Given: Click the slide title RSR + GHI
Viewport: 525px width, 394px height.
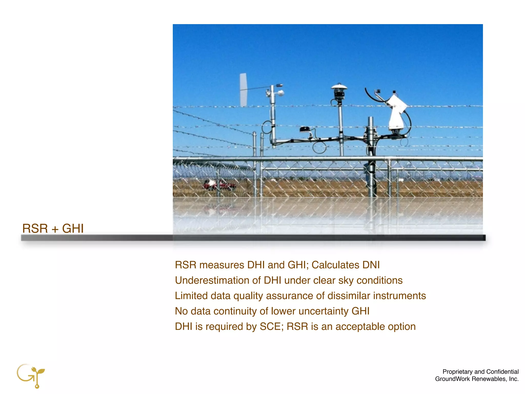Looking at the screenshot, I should tap(53, 228).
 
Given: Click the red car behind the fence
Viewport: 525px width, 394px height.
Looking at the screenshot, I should tap(219, 185).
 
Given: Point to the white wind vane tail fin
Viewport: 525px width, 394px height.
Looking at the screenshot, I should tap(243, 90).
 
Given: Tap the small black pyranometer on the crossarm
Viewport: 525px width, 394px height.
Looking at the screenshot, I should tap(305, 129).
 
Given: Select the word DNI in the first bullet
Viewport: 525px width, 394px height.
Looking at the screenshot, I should tap(371, 265).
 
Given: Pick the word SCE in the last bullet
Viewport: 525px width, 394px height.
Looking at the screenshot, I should tap(270, 327).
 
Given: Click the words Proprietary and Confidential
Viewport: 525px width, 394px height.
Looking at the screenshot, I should tap(480, 372).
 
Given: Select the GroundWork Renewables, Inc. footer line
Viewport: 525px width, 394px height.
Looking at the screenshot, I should tap(477, 379).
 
